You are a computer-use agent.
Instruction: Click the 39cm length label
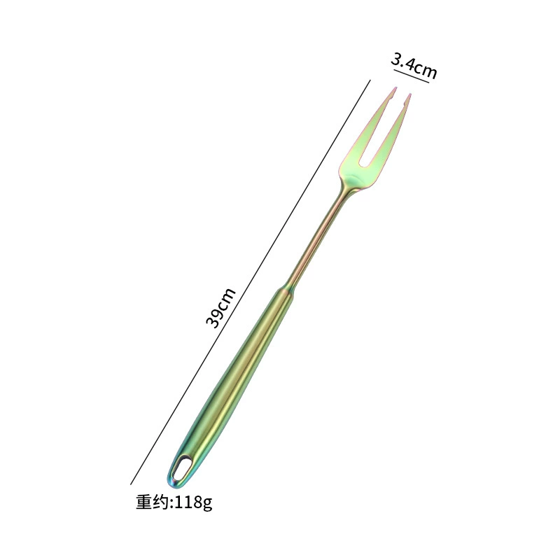point(220,308)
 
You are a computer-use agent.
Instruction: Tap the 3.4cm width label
point(414,65)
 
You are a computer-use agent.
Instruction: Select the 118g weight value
point(194,503)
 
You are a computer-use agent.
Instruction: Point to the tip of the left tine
point(395,87)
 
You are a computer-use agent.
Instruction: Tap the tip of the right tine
point(410,94)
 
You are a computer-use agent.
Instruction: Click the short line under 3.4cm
point(411,76)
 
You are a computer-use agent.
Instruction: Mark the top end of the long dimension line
point(370,80)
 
